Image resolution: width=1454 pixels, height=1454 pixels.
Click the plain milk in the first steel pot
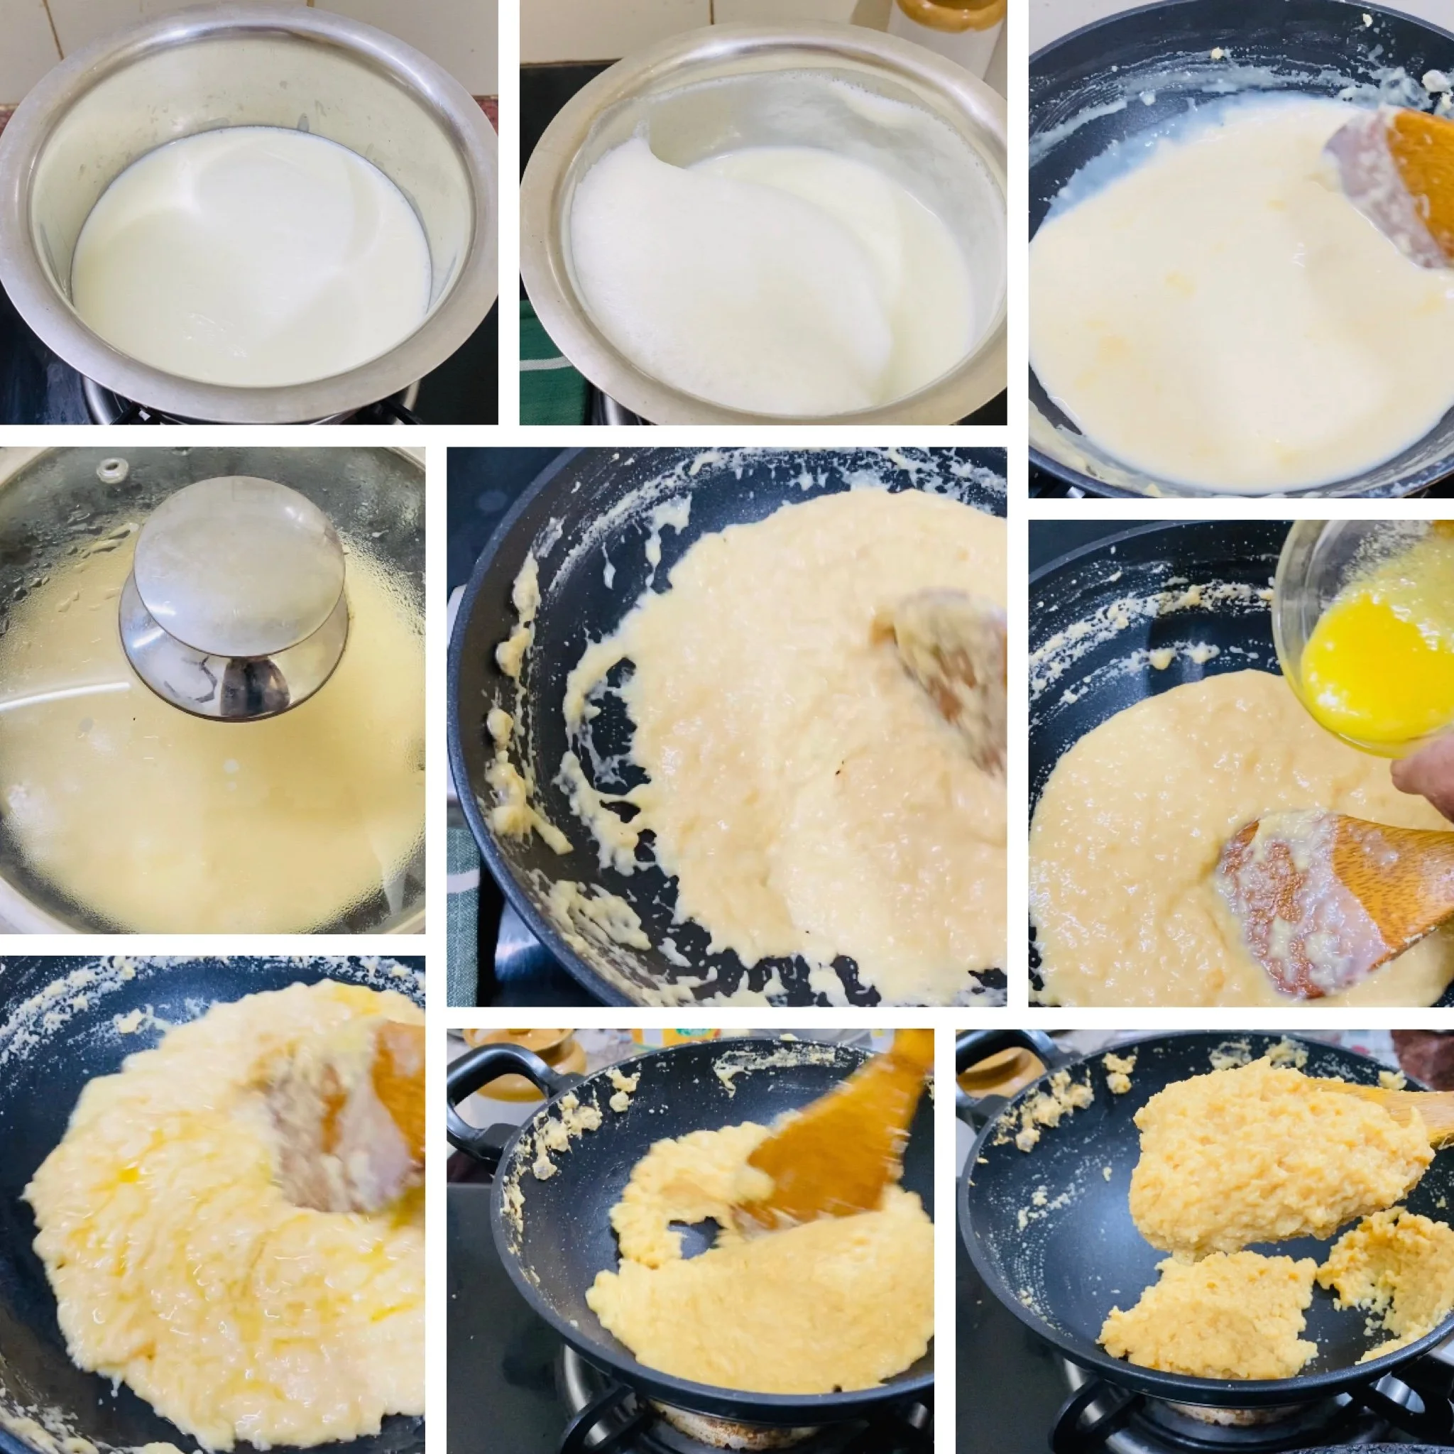248,256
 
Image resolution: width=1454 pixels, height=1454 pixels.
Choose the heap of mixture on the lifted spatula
1264,1159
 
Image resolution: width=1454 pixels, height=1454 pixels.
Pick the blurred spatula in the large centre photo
952,669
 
